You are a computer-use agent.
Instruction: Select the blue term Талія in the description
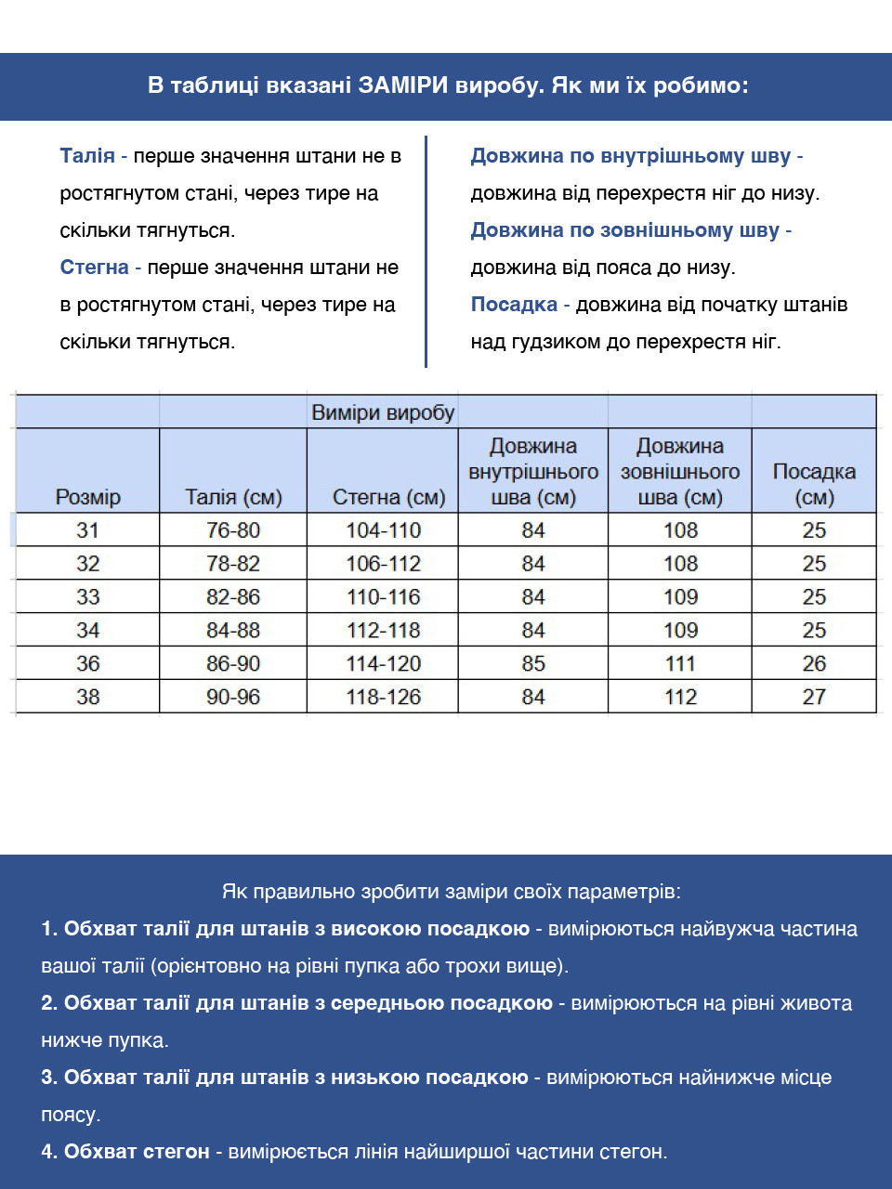coord(87,156)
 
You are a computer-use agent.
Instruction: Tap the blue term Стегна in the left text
coord(94,268)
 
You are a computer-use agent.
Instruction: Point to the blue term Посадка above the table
coord(514,305)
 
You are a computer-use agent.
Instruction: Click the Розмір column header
coord(87,497)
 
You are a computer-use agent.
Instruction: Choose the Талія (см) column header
coord(233,497)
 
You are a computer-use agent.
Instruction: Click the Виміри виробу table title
coord(383,412)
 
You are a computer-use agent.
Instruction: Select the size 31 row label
coord(87,530)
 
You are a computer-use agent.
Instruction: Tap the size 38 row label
coord(87,697)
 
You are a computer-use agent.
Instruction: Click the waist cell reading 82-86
coord(233,597)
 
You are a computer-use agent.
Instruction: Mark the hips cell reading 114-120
coord(384,664)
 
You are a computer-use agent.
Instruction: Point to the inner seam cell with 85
coord(533,664)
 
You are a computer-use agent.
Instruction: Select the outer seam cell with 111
coord(680,664)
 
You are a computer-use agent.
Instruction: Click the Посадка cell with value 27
coord(814,697)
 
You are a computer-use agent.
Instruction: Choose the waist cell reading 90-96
coord(233,697)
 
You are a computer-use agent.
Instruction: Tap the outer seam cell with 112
coord(680,697)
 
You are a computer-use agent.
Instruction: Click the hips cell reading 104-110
coord(384,530)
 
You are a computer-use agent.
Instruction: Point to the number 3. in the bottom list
coord(49,1078)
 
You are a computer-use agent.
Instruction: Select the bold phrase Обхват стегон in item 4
coord(137,1152)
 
